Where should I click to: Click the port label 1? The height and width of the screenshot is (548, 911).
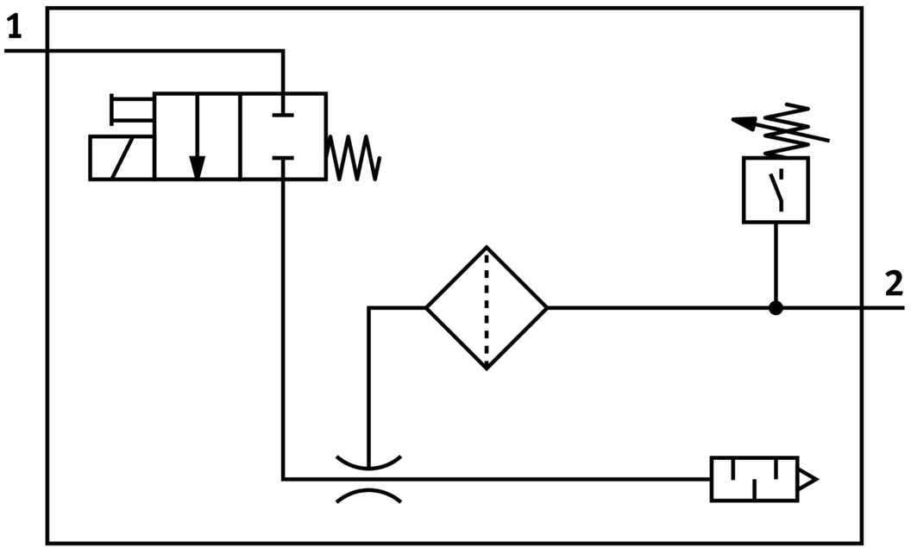pyautogui.click(x=13, y=28)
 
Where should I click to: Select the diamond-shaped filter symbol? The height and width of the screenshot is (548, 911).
pyautogui.click(x=487, y=307)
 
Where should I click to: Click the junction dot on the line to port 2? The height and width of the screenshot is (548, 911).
pyautogui.click(x=776, y=307)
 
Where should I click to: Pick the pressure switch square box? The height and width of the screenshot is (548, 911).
pyautogui.click(x=776, y=190)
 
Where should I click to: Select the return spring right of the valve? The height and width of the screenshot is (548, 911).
pyautogui.click(x=354, y=158)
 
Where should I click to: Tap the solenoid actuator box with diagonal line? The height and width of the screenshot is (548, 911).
pyautogui.click(x=122, y=158)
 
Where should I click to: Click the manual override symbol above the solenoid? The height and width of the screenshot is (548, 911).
pyautogui.click(x=131, y=109)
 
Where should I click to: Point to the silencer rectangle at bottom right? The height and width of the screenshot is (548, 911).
pyautogui.click(x=754, y=480)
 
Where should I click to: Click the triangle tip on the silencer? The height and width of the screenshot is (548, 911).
pyautogui.click(x=809, y=480)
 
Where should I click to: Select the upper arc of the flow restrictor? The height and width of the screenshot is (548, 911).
pyautogui.click(x=368, y=463)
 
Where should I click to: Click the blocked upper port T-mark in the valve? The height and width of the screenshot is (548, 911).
pyautogui.click(x=283, y=113)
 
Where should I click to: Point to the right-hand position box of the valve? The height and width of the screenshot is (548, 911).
pyautogui.click(x=283, y=136)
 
